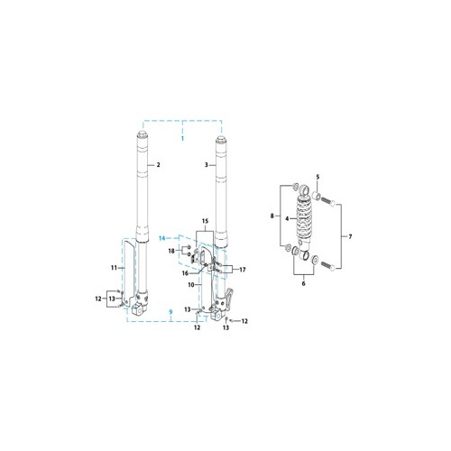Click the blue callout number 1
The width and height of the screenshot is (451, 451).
pos(181,140)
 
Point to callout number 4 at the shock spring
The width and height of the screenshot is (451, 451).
pos(287,218)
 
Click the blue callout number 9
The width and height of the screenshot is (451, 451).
pos(170,312)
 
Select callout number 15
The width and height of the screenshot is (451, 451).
pos(204,221)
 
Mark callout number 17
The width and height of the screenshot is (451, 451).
pos(242,269)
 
